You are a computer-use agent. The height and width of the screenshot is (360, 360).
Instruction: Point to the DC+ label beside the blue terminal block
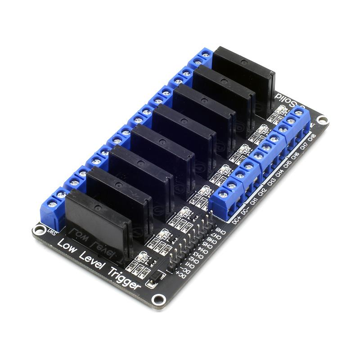pyautogui.click(x=237, y=220)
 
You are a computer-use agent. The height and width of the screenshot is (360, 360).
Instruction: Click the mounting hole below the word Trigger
pyautogui.click(x=157, y=299)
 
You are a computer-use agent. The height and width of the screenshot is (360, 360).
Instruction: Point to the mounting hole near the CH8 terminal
pyautogui.click(x=322, y=120)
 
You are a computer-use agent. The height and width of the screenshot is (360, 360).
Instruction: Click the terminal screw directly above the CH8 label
pyautogui.click(x=298, y=112)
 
